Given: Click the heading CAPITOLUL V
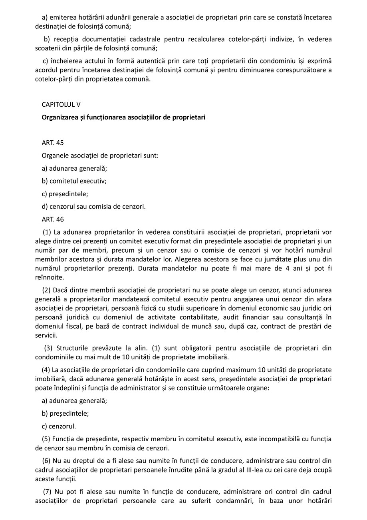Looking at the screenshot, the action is tap(61, 104).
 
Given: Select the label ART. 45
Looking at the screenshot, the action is tap(53, 143).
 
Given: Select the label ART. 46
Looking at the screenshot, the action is tap(53, 219).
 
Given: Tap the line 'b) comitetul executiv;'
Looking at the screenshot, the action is tap(74, 181).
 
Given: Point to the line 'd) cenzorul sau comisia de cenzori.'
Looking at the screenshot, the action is tap(93, 207).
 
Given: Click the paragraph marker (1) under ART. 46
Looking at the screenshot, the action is tap(47, 232).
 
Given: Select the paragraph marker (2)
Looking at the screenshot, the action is tap(46, 290).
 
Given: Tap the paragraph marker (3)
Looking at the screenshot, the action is tap(48, 348).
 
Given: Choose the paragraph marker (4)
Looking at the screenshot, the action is tap(46, 370).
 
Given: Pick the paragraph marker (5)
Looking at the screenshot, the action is tap(46, 439).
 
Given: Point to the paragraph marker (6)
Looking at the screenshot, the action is tap(46, 460).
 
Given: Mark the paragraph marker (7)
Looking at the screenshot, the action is tap(48, 491).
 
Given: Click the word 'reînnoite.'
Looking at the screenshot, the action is tap(49, 277).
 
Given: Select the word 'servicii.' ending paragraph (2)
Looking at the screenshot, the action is tap(46, 335).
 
